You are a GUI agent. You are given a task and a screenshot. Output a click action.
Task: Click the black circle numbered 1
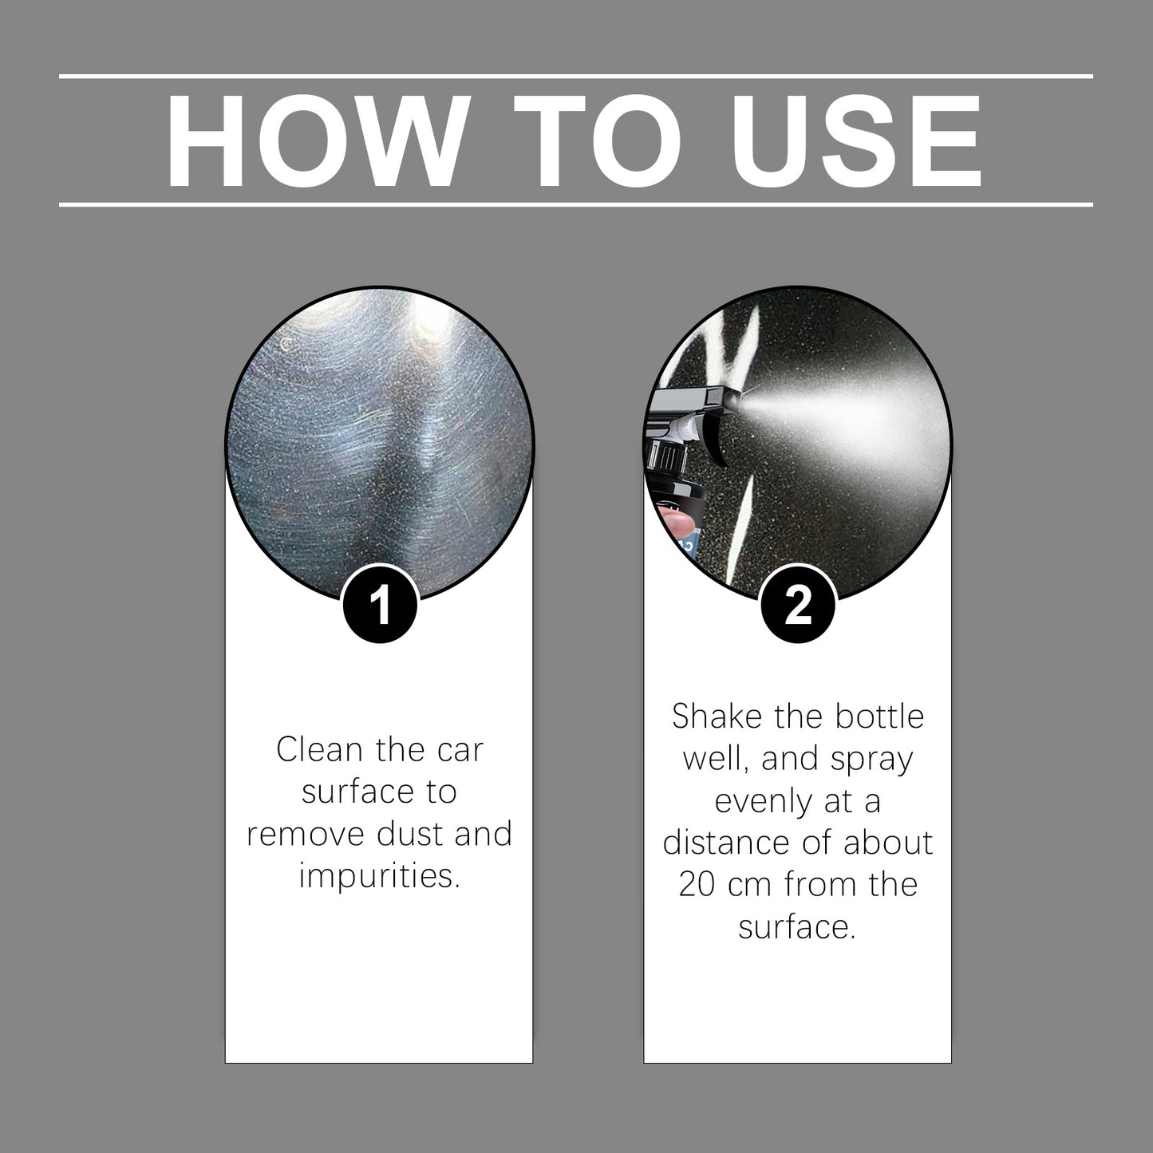(x=380, y=606)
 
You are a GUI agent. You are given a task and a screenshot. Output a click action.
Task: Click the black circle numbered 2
(x=798, y=606)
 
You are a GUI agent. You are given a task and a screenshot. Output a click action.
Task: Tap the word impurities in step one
(x=380, y=876)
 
